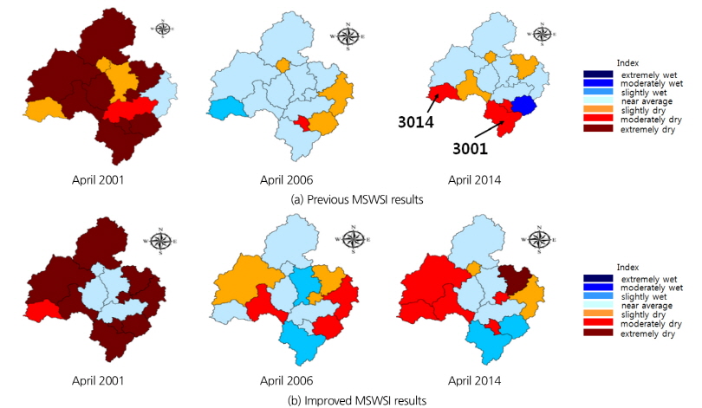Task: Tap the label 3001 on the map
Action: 468,147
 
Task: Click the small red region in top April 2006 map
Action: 301,123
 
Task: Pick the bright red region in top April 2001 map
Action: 130,108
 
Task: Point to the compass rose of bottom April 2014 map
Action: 542,238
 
